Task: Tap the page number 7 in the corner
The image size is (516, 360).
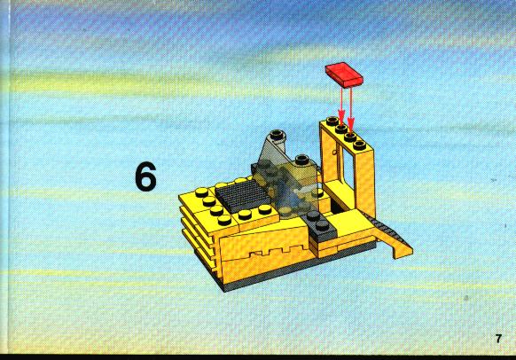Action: pos(498,339)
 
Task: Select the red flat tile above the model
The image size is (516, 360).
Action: pos(344,74)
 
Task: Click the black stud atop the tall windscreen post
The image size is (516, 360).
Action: pos(278,134)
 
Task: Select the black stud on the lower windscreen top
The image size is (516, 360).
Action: pos(301,160)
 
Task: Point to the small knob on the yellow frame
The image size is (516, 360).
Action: pos(334,152)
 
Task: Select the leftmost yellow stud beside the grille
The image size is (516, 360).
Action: pos(201,192)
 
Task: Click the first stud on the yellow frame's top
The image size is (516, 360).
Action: pos(332,121)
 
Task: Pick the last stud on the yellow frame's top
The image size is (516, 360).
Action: pos(359,145)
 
